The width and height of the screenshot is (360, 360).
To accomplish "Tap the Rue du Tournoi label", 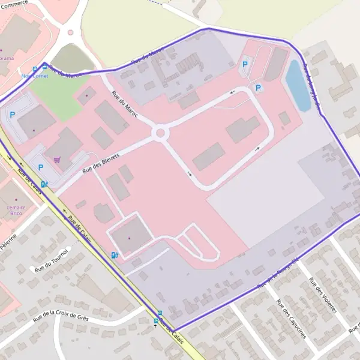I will pos(53,260).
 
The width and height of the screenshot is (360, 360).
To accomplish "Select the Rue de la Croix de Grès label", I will pos(61,316).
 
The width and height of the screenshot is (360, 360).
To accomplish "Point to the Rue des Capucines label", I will pos(290,319).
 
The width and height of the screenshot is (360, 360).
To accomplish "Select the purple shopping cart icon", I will pos(57,160).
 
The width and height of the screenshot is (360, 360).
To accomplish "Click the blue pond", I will pos(297,85).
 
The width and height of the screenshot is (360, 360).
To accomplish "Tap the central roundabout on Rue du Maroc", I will pos(160,132).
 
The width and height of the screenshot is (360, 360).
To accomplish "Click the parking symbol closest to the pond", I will pos(258,88).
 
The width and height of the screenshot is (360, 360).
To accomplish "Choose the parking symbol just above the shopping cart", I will pos(41,168).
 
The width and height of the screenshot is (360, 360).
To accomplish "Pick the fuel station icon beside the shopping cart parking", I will pos(44,184).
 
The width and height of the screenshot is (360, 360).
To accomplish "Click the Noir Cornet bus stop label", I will pos(34,76).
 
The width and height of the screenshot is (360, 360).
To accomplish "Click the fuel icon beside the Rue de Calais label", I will pos(114,255).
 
